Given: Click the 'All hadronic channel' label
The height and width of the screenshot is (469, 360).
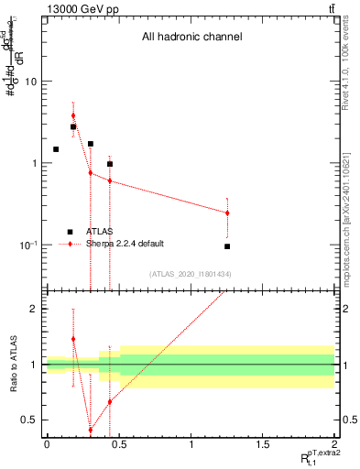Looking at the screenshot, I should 191,38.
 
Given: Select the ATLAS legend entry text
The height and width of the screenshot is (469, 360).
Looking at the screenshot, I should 99,232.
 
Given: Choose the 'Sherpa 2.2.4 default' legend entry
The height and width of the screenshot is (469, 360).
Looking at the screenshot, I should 125,244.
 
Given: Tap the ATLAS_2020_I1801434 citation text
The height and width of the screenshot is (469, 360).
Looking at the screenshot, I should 191,274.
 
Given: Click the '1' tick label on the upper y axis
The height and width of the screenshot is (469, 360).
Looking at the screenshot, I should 35,163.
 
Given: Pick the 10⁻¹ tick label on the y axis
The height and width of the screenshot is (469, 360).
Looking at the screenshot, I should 29,245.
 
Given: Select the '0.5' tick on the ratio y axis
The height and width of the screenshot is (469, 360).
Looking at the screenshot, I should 30,420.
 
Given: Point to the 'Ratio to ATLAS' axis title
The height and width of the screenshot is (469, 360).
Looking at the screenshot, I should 13,364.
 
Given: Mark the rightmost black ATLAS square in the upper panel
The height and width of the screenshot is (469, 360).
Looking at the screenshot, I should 227,246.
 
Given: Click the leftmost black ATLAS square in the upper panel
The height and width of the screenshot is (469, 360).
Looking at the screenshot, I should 56,149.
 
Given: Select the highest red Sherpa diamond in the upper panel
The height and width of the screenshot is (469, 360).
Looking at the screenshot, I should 73,115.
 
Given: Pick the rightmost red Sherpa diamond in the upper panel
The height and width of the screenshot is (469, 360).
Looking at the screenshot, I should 227,213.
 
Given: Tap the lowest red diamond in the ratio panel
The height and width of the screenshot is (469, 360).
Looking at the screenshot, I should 91,430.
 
